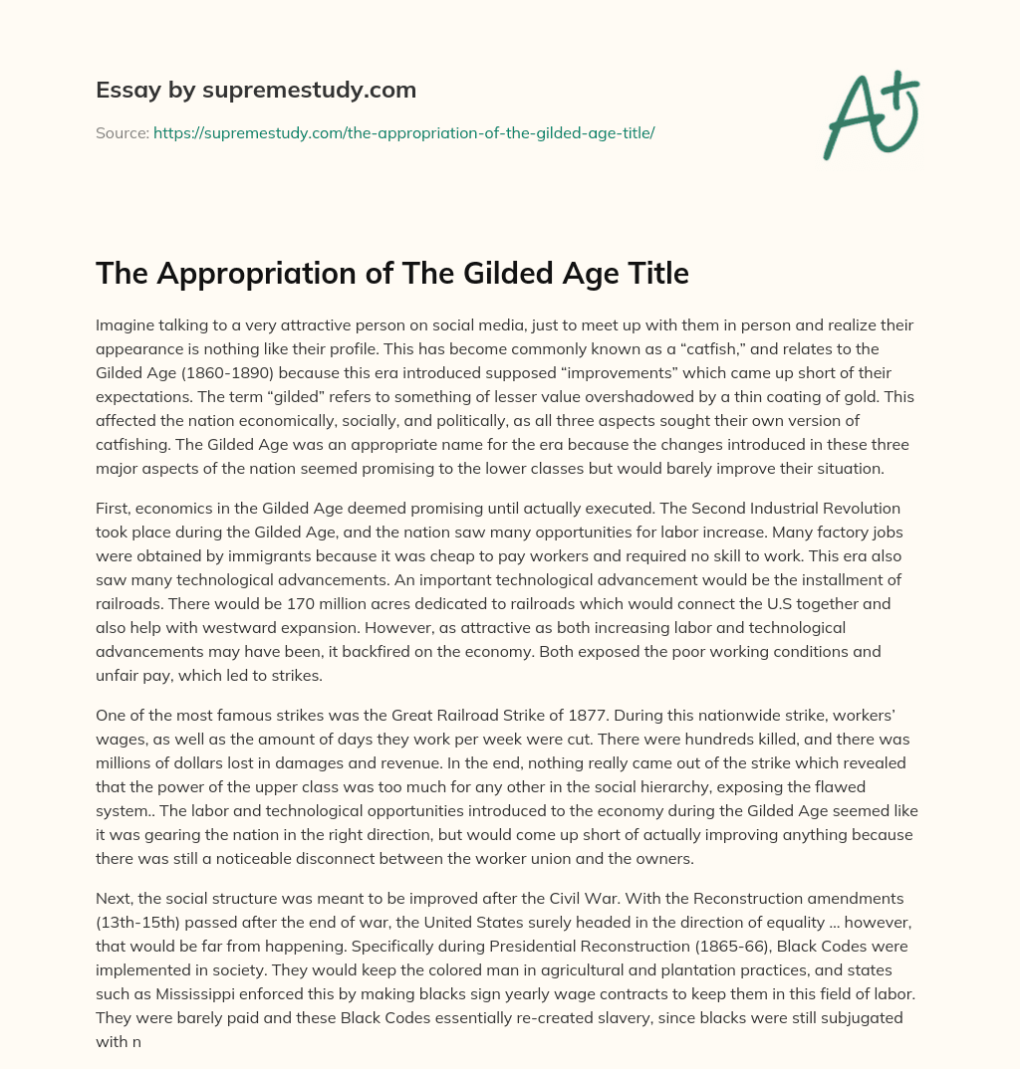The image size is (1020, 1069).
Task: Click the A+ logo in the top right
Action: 871,113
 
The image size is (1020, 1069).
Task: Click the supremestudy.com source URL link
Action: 403,131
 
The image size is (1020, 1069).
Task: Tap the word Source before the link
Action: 122,131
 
